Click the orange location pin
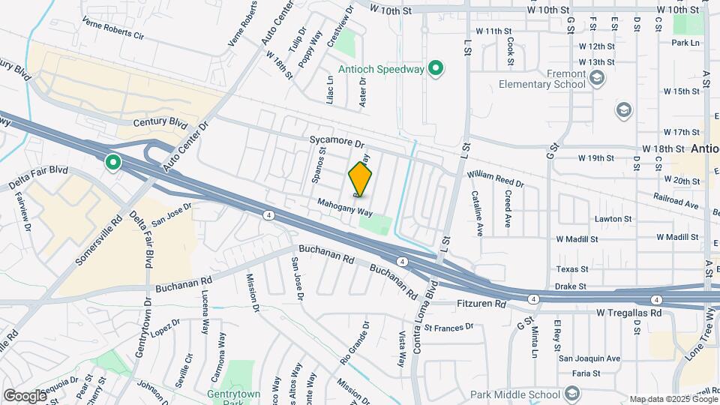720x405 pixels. pos(361,179)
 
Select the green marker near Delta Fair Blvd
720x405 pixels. pos(113,162)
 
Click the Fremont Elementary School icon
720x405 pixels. pos(597,78)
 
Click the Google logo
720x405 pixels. pos(25,395)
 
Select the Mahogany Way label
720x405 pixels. pos(344,207)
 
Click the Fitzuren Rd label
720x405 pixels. pos(481,304)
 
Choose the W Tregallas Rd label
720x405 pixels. pos(629,312)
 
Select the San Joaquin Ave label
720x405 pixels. pos(589,358)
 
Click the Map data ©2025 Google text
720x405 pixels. pos(673,399)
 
